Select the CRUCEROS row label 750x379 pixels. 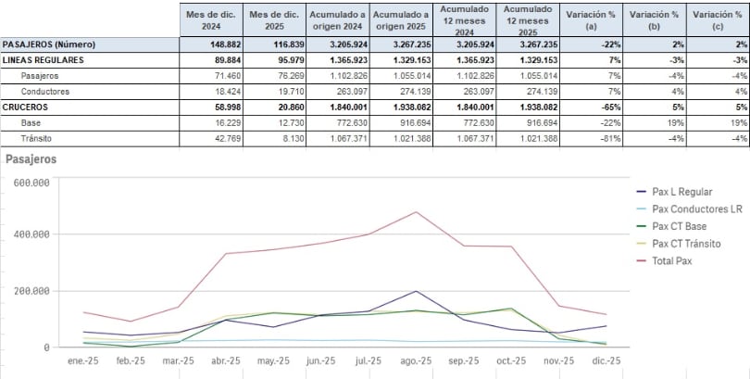click(26, 107)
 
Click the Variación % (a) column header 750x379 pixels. click(590, 20)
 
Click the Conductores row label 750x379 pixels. click(47, 92)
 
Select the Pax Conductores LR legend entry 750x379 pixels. click(696, 209)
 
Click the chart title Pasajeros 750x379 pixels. click(31, 159)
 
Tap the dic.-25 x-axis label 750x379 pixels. click(606, 360)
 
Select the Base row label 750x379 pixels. click(31, 123)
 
